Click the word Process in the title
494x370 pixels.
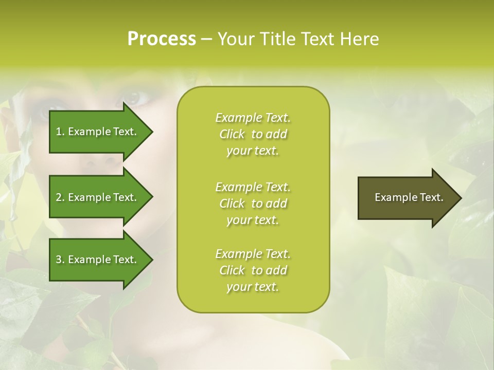click(162, 39)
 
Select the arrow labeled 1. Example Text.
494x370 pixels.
click(98, 132)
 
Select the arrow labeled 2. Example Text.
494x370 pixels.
click(98, 197)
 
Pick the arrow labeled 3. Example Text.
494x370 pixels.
click(98, 260)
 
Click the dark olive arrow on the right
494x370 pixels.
click(407, 198)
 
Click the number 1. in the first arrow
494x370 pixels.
click(60, 132)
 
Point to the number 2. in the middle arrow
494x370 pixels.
click(60, 197)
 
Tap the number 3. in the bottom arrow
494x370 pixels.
click(60, 260)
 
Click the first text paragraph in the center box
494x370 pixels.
click(253, 134)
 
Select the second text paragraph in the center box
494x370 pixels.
click(253, 203)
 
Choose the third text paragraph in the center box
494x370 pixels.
click(253, 270)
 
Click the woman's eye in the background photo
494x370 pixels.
click(132, 97)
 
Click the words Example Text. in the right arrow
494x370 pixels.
click(409, 197)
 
